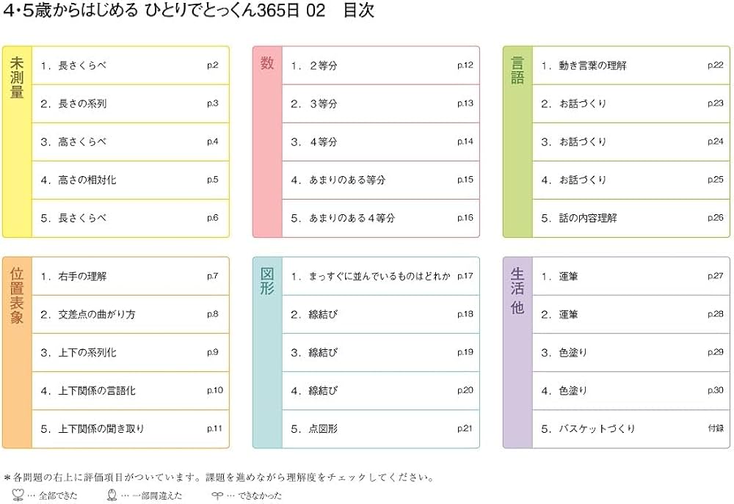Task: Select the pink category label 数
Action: click(267, 64)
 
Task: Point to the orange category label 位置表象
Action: click(17, 293)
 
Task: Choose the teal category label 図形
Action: click(267, 281)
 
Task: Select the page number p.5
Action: click(213, 180)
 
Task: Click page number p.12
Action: click(465, 66)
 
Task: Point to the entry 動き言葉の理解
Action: click(592, 66)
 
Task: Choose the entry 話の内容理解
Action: click(587, 218)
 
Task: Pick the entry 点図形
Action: click(323, 428)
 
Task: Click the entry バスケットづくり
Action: click(597, 428)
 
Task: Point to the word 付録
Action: click(716, 428)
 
